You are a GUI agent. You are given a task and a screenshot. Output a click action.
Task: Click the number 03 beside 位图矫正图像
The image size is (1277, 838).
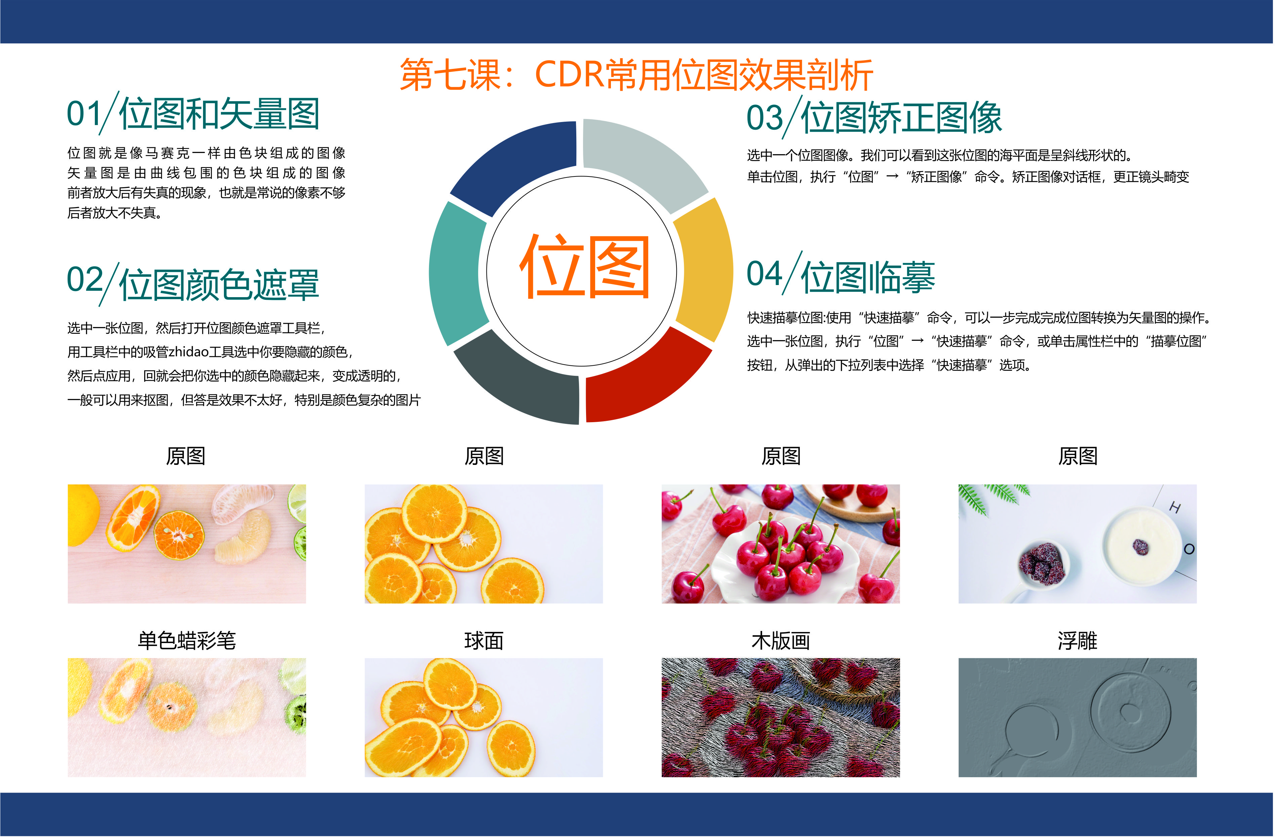[x=764, y=118]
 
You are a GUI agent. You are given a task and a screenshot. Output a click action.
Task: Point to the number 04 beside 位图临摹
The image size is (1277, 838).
[x=764, y=274]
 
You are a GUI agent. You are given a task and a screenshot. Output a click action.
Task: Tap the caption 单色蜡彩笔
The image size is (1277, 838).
[x=187, y=641]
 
